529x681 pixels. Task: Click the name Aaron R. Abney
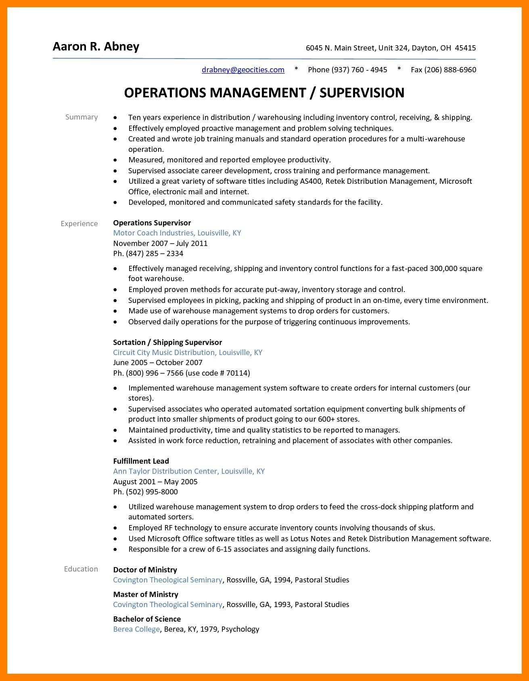pos(96,47)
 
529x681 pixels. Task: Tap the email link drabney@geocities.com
pos(243,70)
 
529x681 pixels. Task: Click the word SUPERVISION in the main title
pos(362,93)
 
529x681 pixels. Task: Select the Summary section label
pos(82,117)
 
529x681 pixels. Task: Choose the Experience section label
pos(79,224)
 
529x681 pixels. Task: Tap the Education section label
pos(81,569)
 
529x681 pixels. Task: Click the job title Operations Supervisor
pos(152,223)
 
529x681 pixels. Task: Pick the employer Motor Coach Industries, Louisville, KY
pos(177,233)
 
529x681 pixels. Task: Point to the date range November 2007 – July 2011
pos(160,244)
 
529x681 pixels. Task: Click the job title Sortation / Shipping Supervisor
pos(167,343)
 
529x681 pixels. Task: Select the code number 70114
pos(237,373)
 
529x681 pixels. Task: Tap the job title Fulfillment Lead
pos(141,461)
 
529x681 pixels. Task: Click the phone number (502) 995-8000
pos(152,492)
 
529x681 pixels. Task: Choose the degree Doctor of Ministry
pos(145,570)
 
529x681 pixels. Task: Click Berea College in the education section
pos(136,629)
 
